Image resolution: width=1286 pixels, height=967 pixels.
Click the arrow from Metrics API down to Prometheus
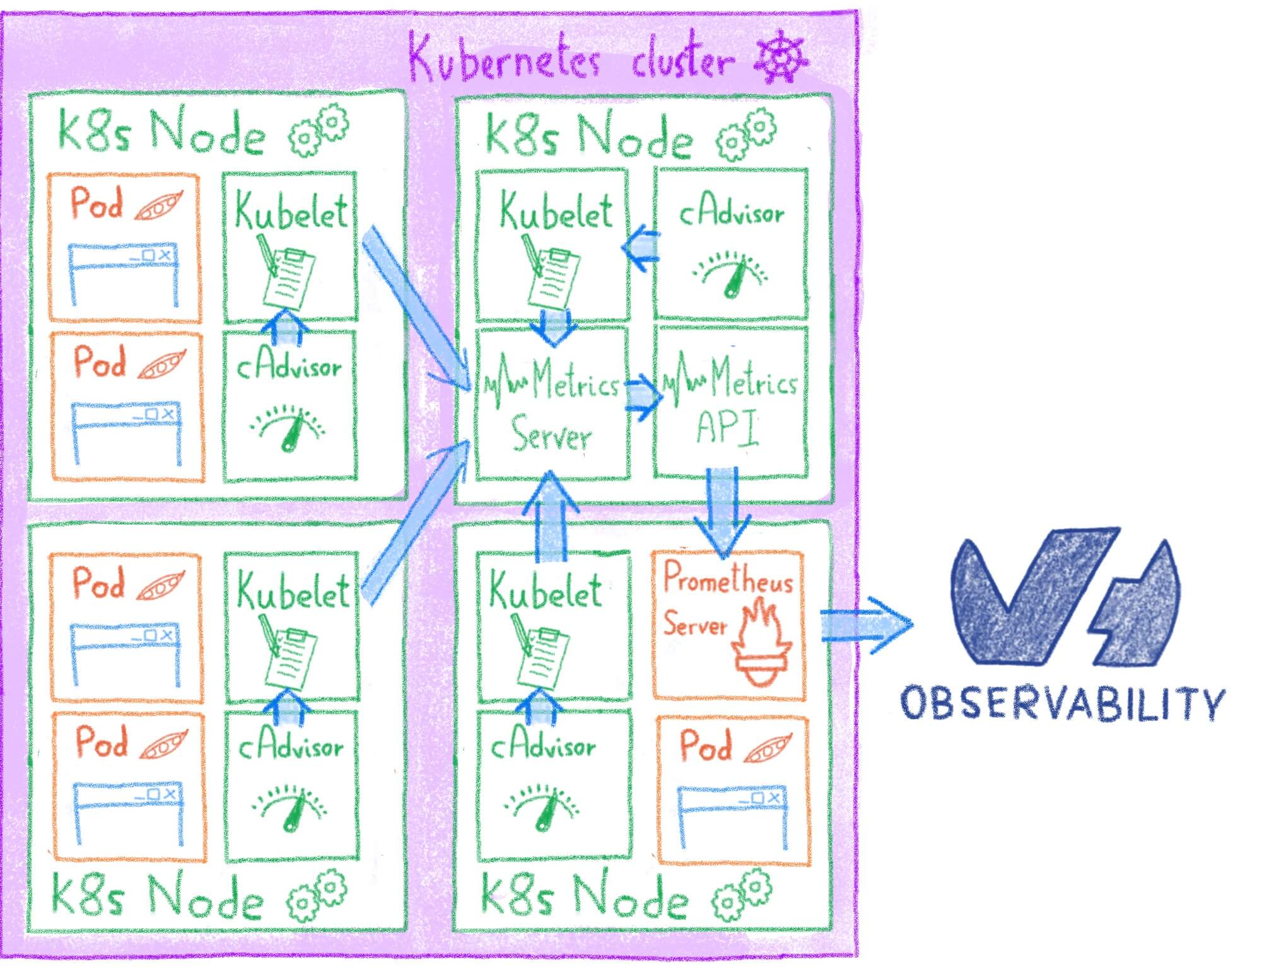(x=722, y=511)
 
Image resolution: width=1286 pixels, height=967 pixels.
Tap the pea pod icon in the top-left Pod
(x=159, y=206)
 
